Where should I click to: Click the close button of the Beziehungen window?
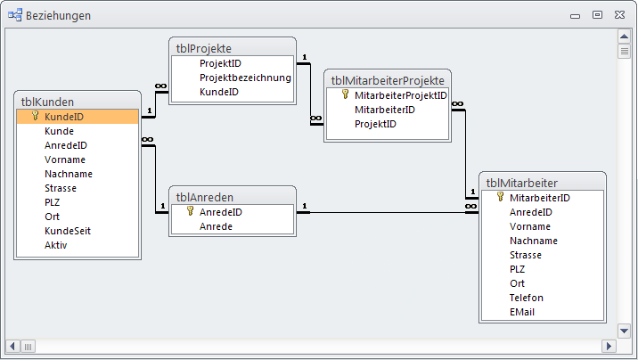pos(618,14)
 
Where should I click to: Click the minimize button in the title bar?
pos(576,14)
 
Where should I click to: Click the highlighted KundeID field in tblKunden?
pos(64,117)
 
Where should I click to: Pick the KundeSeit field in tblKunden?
pos(68,231)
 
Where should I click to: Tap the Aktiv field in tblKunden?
pos(56,245)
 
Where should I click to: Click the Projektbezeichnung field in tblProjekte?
pos(245,78)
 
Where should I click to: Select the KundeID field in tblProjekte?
pos(218,92)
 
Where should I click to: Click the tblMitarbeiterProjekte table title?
pos(388,79)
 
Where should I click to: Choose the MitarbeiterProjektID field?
pos(400,95)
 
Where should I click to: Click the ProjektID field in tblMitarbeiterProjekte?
pos(375,124)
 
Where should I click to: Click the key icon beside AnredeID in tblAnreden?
pos(190,212)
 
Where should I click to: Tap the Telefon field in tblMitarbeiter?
pos(527,298)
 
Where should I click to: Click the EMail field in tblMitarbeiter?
pos(523,312)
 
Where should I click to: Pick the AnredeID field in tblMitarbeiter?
pos(530,212)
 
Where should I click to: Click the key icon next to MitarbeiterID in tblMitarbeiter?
pos(500,197)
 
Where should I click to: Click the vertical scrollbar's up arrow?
pos(625,36)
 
